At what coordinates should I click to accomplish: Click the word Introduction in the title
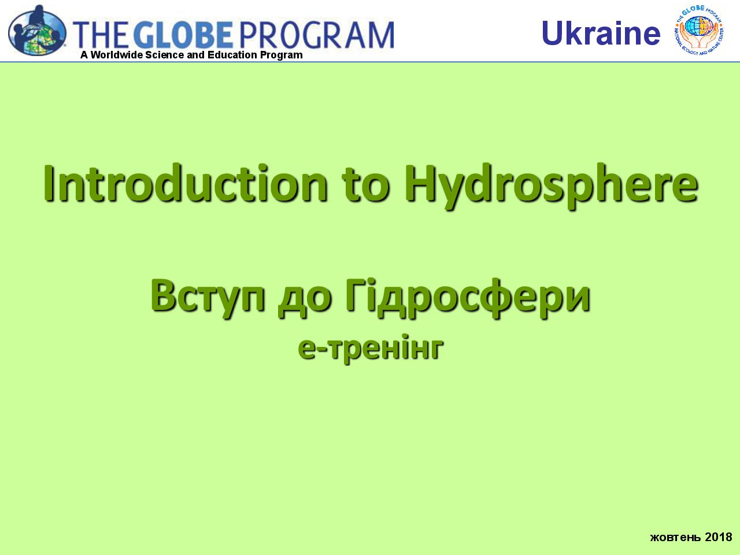[x=186, y=183]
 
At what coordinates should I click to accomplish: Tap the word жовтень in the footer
[x=676, y=537]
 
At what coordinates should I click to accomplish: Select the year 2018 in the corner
[x=719, y=536]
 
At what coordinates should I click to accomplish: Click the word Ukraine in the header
[x=601, y=33]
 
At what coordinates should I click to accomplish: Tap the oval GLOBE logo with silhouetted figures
[x=37, y=30]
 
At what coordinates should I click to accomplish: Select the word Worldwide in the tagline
[x=117, y=55]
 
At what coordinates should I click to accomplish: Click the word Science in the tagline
[x=165, y=55]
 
